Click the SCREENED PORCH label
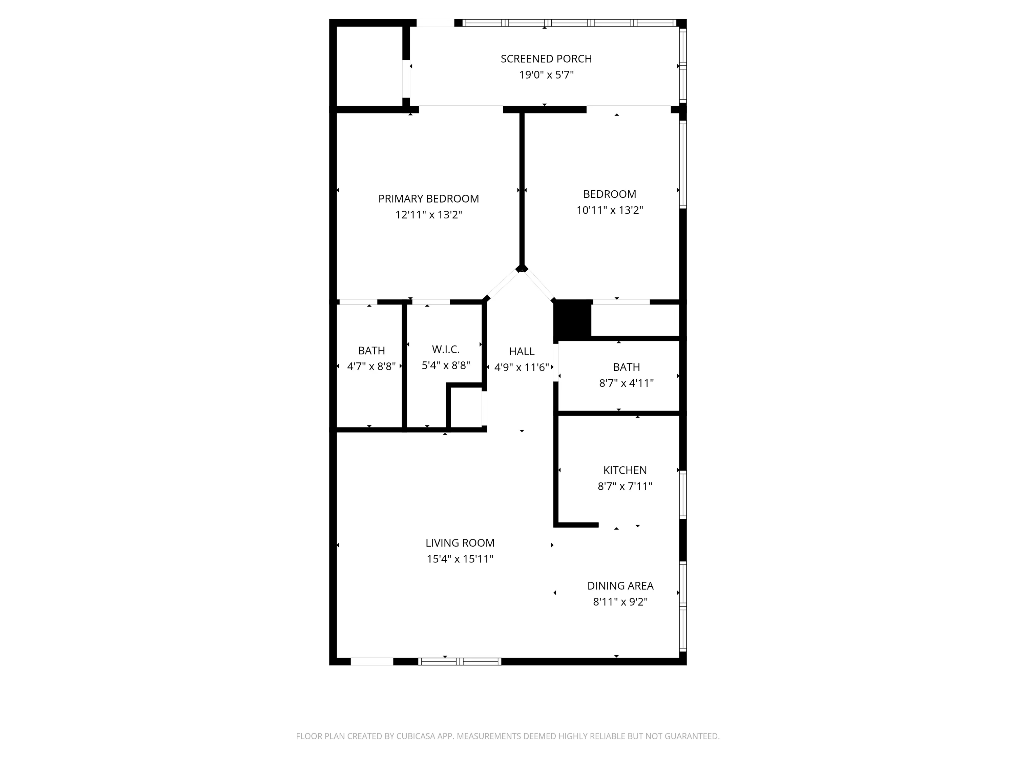(546, 59)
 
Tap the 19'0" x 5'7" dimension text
(546, 75)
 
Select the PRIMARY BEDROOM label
(428, 199)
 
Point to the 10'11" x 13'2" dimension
(610, 210)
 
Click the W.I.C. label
(446, 350)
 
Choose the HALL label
(522, 352)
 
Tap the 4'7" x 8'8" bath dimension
(372, 366)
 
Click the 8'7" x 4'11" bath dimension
(627, 383)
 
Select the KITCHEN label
(625, 470)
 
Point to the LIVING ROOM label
(460, 543)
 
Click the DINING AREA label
(620, 586)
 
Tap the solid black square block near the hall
(572, 320)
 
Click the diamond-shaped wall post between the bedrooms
(522, 269)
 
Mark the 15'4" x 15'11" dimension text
(460, 559)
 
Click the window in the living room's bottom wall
(459, 662)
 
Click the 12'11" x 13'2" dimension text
(428, 215)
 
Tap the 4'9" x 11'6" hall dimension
(522, 367)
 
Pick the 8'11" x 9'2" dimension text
(620, 602)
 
